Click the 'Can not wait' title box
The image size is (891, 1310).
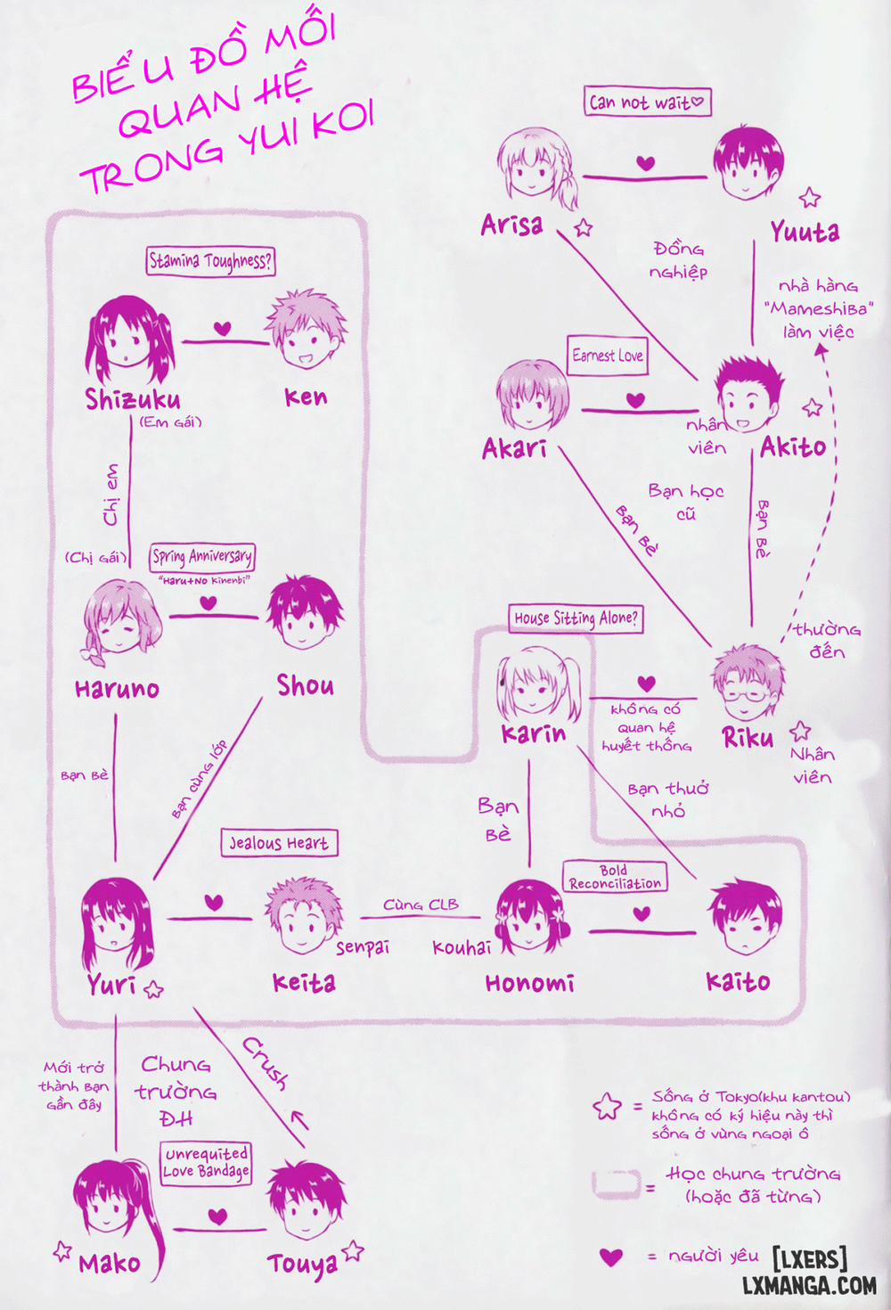pos(648,102)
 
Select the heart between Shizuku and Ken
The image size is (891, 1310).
pos(223,329)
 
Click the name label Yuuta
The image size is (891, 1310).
pos(805,233)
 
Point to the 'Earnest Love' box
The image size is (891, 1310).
pos(607,356)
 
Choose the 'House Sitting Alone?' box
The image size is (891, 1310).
pos(576,618)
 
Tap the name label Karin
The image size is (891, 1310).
pos(533,733)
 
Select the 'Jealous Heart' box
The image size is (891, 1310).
pos(279,843)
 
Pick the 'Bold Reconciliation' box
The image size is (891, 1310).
pos(615,877)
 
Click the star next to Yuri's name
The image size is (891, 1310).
pos(153,988)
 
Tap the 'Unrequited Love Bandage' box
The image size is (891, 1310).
pos(206,1163)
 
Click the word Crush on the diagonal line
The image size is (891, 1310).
pos(266,1062)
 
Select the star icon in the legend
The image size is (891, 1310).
pos(607,1107)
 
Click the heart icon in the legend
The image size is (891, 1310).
pos(610,1257)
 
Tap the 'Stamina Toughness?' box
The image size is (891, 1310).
pos(210,261)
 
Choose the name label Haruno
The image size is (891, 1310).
pos(117,689)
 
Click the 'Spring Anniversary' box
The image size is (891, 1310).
pos(202,557)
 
